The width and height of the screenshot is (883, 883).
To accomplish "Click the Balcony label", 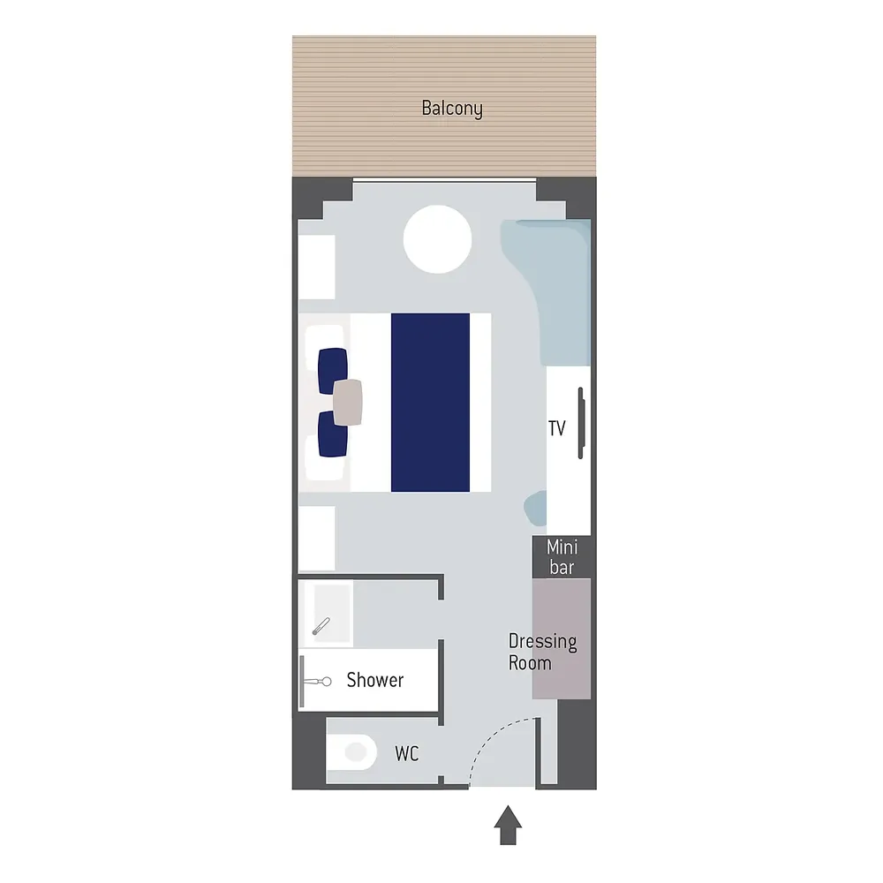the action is click(451, 108).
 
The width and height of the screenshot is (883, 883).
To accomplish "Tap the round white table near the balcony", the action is click(438, 239).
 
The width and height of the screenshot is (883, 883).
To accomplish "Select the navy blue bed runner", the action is click(430, 402).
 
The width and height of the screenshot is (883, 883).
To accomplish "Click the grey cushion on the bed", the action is click(347, 402).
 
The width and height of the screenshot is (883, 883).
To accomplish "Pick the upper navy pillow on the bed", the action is click(332, 370).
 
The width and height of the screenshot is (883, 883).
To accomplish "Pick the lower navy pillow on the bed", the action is click(332, 434).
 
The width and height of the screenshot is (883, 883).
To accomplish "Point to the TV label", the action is click(557, 428).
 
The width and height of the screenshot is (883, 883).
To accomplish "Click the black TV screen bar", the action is click(581, 423).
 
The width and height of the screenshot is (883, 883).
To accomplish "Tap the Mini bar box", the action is click(562, 557).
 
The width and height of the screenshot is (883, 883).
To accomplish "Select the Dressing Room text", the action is click(542, 653).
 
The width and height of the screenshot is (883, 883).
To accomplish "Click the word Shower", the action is click(375, 680).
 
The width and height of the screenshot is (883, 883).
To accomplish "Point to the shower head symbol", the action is click(317, 682).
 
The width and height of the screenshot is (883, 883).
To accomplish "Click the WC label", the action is click(406, 753).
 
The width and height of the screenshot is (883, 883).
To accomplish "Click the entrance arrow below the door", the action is click(508, 825).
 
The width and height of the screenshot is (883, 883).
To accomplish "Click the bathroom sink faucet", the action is click(321, 626).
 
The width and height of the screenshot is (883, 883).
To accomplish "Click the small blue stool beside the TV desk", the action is click(536, 508).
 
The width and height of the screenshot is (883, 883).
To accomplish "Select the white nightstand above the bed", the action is click(317, 267).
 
